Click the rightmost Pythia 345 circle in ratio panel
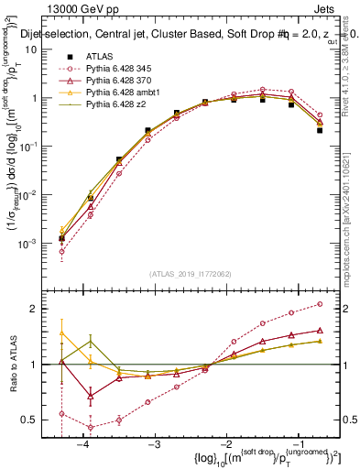pos(320,303)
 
